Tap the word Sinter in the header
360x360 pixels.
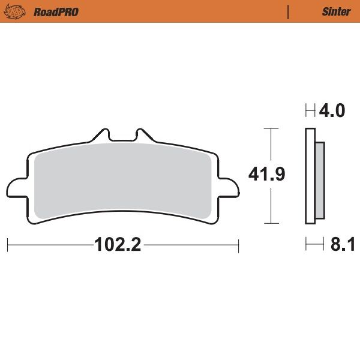tap(336, 11)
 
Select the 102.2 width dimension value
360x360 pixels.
tap(117, 245)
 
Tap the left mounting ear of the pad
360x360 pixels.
tap(16, 187)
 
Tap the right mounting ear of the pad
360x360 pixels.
tap(229, 187)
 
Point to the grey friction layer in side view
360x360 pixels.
tap(319, 180)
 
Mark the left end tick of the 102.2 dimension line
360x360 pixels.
tap(7, 245)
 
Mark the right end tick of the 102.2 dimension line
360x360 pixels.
tap(239, 245)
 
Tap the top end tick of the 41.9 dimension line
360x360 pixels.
tap(272, 128)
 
